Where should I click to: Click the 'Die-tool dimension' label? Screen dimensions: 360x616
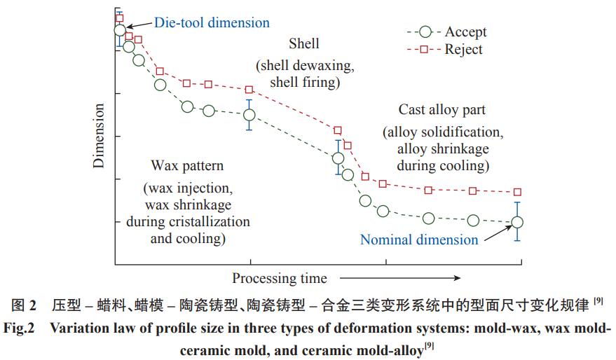click(212, 22)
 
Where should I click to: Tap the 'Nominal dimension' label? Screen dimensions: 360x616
click(419, 240)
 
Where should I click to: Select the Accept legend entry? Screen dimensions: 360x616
click(465, 32)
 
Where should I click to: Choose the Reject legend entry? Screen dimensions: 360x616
click(463, 50)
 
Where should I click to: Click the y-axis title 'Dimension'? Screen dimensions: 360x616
click(100, 136)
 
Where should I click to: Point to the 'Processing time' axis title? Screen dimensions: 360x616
click(280, 278)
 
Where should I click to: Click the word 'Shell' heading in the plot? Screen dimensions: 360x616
click(303, 44)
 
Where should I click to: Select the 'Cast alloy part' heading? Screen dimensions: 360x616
click(442, 110)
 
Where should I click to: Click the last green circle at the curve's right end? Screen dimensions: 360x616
click(517, 222)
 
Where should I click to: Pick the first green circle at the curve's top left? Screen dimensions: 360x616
click(120, 31)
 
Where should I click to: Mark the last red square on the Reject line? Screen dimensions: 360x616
click(517, 192)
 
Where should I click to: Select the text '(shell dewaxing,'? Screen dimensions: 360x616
click(305, 66)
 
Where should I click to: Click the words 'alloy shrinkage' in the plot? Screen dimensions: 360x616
click(442, 149)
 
